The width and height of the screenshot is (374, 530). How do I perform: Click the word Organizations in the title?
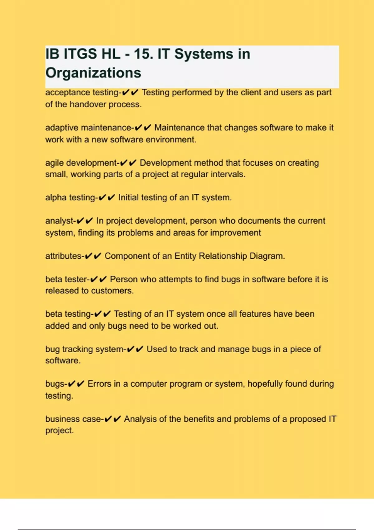pos(93,73)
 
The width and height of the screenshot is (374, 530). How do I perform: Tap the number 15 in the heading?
pos(143,54)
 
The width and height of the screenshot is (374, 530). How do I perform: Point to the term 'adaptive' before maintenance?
pos(62,128)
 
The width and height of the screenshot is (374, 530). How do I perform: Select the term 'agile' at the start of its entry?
pos(55,163)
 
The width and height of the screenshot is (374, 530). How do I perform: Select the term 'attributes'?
pos(63,256)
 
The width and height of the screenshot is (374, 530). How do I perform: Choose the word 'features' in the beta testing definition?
pos(254,314)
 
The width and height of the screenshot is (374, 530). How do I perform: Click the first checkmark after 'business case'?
pos(108,419)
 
